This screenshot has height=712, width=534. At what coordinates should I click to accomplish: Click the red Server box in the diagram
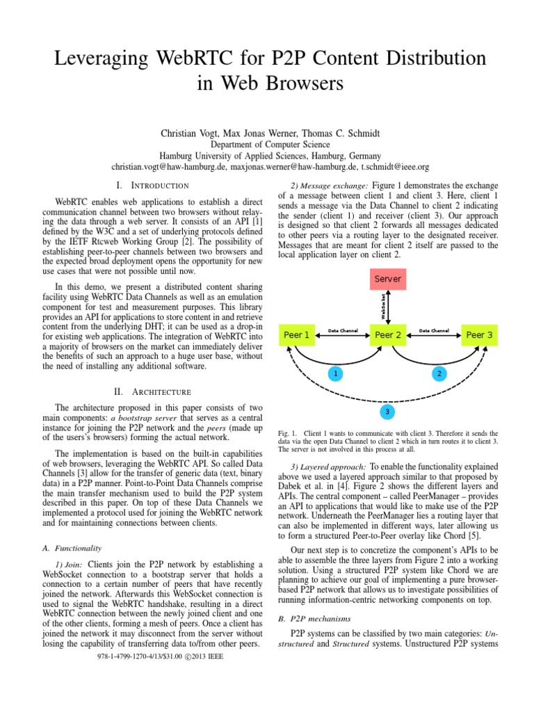point(388,279)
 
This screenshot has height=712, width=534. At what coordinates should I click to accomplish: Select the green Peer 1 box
point(297,335)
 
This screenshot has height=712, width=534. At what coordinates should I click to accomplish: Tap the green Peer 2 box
point(388,335)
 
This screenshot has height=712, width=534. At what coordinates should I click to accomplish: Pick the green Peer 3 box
point(479,335)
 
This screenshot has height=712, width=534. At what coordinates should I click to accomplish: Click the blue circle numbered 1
point(336,374)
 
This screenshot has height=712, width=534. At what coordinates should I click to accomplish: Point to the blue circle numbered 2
point(439,374)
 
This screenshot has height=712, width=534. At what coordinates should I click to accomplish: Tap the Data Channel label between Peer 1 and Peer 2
point(343,330)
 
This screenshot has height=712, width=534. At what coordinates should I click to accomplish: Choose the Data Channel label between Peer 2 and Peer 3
point(434,330)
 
